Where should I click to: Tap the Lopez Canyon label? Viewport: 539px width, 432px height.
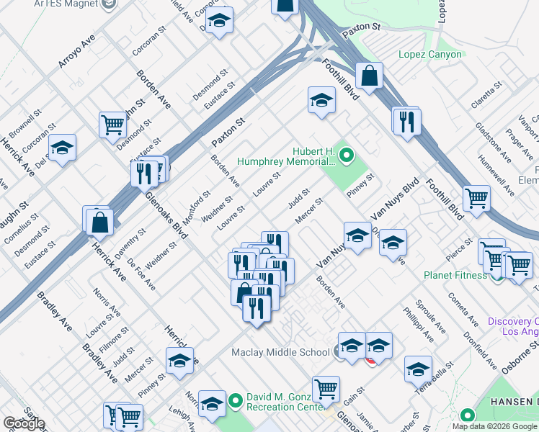coord(430,55)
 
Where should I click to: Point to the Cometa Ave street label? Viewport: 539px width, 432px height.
coord(463,308)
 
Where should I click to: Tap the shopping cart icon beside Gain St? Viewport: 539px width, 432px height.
coord(326,388)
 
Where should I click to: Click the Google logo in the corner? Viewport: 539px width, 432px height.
coord(24,423)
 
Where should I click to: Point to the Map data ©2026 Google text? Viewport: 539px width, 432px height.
coord(494,426)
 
